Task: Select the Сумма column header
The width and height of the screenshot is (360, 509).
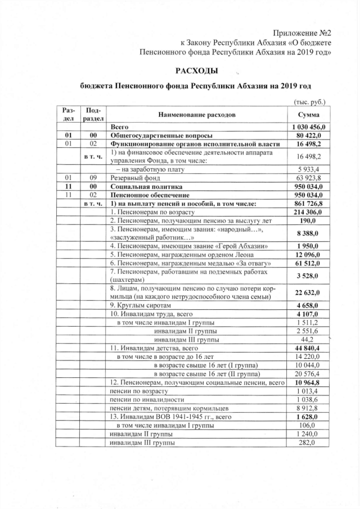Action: point(308,115)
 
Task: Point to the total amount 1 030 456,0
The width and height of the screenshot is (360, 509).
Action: point(308,128)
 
